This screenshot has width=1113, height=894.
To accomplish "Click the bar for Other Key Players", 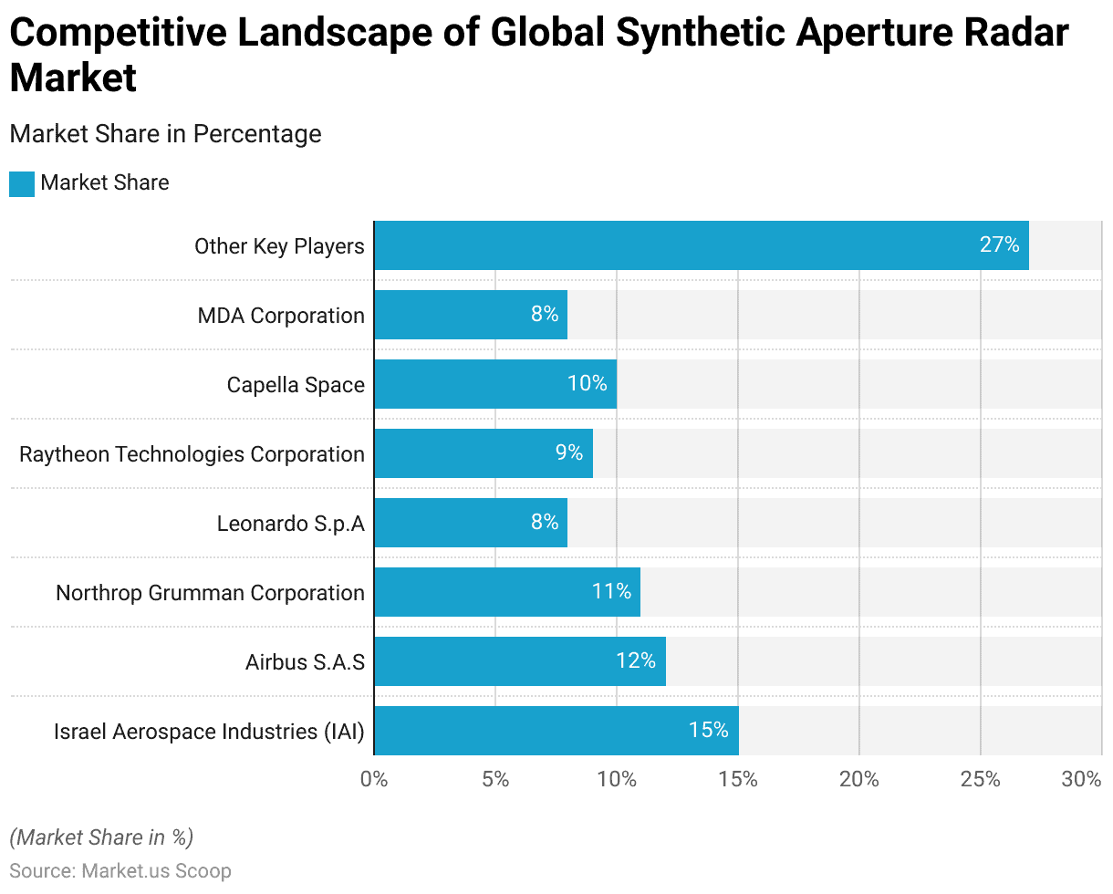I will [x=701, y=245].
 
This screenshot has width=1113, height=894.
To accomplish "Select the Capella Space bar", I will [x=495, y=384].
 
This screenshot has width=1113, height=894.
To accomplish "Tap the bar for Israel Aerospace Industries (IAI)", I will [x=556, y=731].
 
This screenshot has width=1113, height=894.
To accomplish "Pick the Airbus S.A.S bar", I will [x=520, y=661].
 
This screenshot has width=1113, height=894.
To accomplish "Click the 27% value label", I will [x=1000, y=245].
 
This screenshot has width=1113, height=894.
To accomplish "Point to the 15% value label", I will [x=709, y=731].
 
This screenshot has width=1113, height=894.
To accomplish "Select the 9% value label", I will [x=569, y=453].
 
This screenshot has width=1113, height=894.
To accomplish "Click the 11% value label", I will [x=611, y=592].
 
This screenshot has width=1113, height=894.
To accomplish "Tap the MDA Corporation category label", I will [x=281, y=316].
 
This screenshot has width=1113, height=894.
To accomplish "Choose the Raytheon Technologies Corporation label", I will [x=192, y=454].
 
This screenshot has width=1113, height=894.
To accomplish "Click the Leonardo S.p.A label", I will [x=290, y=524].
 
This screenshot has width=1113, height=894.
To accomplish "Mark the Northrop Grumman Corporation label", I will [x=210, y=593].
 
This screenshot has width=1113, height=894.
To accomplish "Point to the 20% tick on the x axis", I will [x=859, y=780].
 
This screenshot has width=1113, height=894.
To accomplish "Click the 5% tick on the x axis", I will [x=495, y=780].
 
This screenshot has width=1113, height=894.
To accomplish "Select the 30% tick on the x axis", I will [x=1082, y=780].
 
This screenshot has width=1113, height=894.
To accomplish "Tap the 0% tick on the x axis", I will [x=374, y=780].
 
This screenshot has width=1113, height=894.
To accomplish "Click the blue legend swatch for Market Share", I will [x=22, y=183].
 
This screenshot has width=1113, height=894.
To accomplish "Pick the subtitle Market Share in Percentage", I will [x=165, y=134].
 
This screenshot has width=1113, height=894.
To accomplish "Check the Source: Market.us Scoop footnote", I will [x=120, y=871].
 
